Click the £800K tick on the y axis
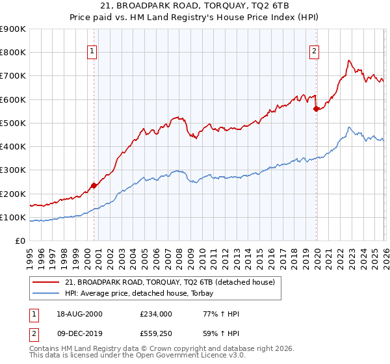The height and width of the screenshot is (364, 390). coord(13,53)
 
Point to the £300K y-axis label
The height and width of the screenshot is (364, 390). coord(13,170)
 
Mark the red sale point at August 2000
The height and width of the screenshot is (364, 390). coord(94,185)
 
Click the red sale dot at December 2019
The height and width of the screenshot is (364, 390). coord(316,109)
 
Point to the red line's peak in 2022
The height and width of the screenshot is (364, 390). coord(349,60)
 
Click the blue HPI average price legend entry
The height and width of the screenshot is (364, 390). coord(144,293)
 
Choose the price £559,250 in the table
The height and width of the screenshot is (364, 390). coord(157,335)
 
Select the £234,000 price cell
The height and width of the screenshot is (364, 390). coord(157,314)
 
